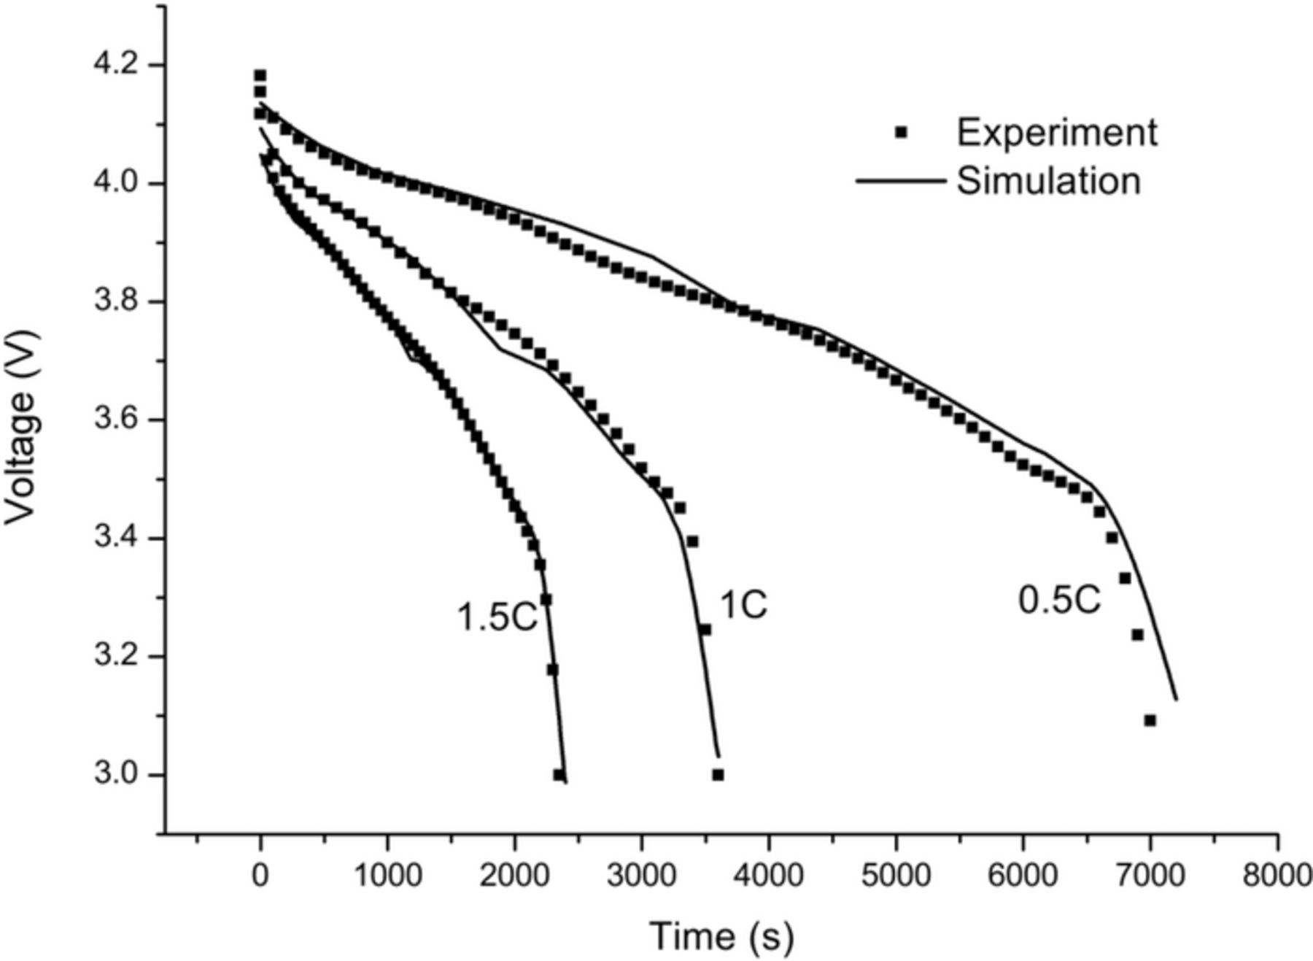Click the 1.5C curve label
(497, 617)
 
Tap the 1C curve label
(744, 606)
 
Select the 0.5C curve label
(1059, 601)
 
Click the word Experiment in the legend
(1057, 133)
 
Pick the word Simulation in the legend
(1048, 180)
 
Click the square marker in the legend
(902, 133)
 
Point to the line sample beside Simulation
(900, 180)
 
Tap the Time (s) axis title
(721, 936)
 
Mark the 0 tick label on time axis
(260, 875)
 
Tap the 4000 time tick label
(769, 875)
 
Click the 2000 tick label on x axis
(514, 875)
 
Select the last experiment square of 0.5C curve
(1150, 720)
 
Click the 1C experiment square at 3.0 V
(718, 774)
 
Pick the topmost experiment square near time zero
(260, 75)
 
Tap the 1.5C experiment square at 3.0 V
(559, 774)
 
